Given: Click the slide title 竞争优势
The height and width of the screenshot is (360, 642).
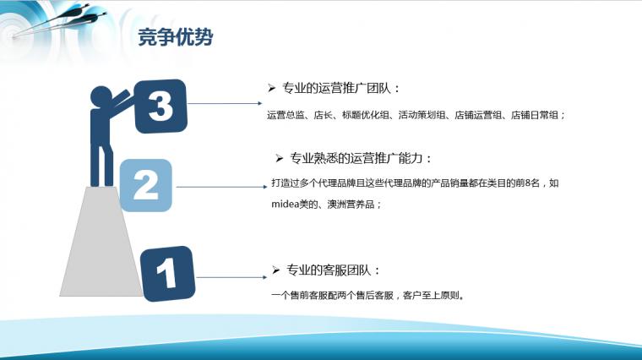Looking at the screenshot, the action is tap(176, 37).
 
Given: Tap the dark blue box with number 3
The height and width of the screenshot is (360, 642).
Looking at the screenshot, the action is tap(160, 106).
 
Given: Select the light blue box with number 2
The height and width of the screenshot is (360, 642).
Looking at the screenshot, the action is tap(146, 185).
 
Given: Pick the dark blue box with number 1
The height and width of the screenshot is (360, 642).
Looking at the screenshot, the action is tap(167, 274).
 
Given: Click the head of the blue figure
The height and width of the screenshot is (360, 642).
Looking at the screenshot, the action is tap(101, 97).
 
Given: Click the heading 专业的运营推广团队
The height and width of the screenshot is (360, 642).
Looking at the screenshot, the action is tap(336, 88).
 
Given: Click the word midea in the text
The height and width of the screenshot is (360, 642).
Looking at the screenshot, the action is tap(286, 205).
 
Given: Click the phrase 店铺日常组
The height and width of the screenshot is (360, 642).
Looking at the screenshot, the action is tap(535, 115).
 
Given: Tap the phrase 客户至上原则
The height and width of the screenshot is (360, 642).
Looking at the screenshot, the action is tap(431, 295).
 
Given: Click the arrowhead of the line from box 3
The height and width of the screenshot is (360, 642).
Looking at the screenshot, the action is tap(259, 103).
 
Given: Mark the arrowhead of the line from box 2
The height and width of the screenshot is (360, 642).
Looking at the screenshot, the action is tap(264, 187).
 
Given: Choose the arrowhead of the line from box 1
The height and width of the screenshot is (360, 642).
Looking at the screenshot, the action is tap(264, 277).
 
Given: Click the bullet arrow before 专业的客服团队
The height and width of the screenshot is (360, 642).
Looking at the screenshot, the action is tap(275, 270).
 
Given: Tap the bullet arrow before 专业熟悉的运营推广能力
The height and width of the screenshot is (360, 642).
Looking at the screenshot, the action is tap(280, 158).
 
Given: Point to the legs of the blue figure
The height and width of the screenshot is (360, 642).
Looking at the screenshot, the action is tap(101, 165).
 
